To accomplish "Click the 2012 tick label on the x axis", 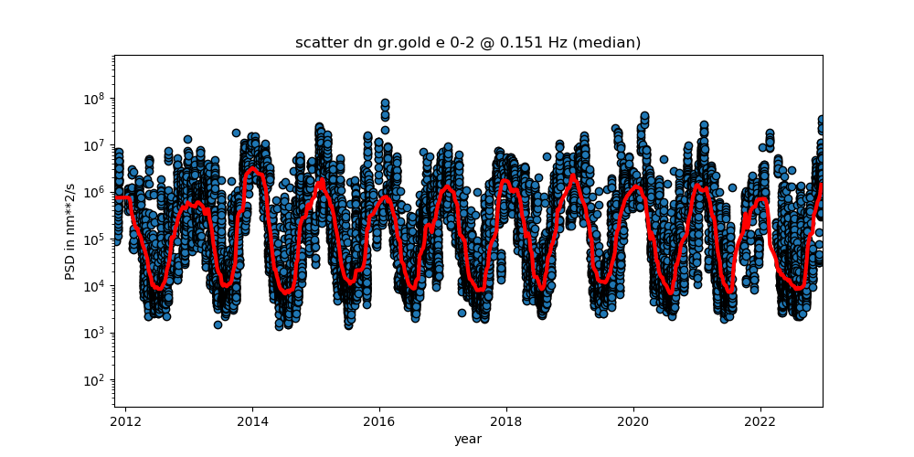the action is point(126,421).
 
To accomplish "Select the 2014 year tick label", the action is point(252,421).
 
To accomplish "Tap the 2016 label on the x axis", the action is point(379,421).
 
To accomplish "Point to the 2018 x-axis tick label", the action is point(506,421).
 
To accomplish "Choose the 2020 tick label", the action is point(633,421).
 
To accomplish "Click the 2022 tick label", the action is point(760,421).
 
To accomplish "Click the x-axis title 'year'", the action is point(469,439).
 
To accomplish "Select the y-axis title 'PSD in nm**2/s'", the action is point(70,231).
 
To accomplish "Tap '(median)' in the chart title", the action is point(612,43).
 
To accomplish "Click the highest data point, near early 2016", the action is point(386,103).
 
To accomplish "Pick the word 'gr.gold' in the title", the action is point(393,44).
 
